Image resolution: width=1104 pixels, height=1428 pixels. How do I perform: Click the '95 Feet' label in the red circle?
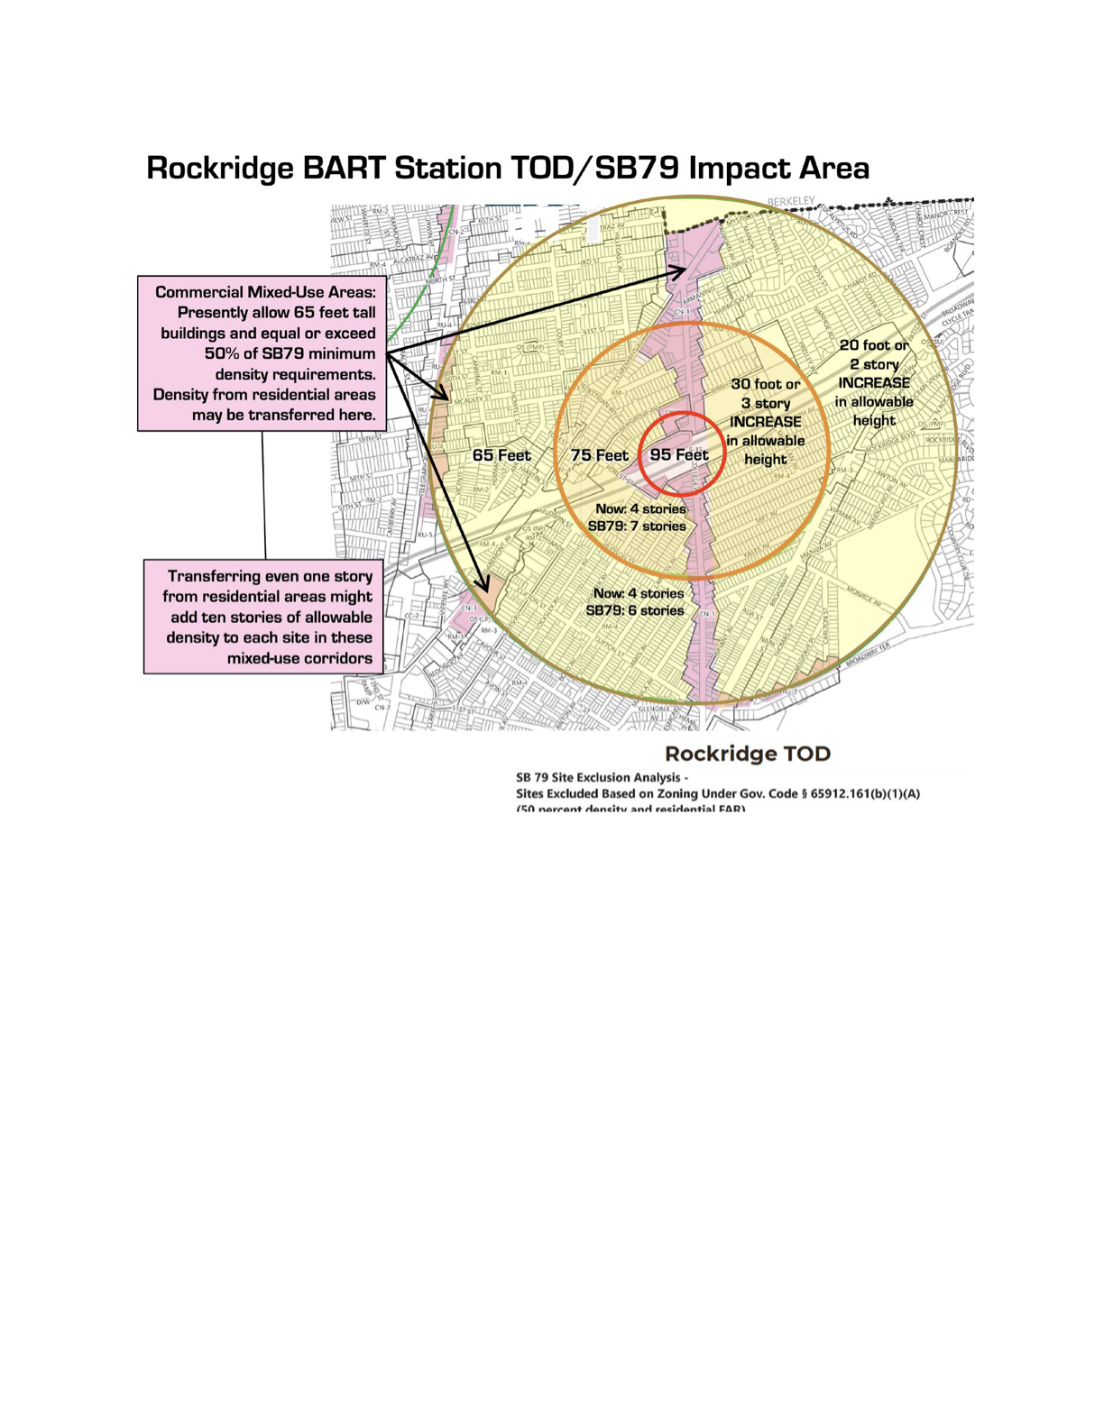click(678, 455)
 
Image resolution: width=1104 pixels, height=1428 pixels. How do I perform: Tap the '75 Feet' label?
click(599, 455)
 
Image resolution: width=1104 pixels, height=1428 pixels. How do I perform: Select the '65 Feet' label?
click(501, 455)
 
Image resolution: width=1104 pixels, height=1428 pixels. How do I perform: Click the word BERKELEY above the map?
click(791, 200)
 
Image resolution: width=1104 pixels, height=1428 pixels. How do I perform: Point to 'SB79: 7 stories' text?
click(637, 526)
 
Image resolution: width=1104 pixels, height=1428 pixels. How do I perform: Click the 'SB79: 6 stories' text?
click(635, 610)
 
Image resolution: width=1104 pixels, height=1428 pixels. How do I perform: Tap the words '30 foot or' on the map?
click(766, 384)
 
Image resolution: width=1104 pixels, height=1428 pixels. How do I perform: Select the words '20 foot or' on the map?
click(874, 345)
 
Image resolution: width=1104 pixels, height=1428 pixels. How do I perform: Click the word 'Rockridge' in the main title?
click(220, 169)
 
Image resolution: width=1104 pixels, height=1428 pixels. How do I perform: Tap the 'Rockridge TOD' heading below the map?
click(747, 754)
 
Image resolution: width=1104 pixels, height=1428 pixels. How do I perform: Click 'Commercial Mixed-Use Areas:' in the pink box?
click(265, 292)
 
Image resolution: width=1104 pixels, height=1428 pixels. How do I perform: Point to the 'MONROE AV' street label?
click(863, 596)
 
